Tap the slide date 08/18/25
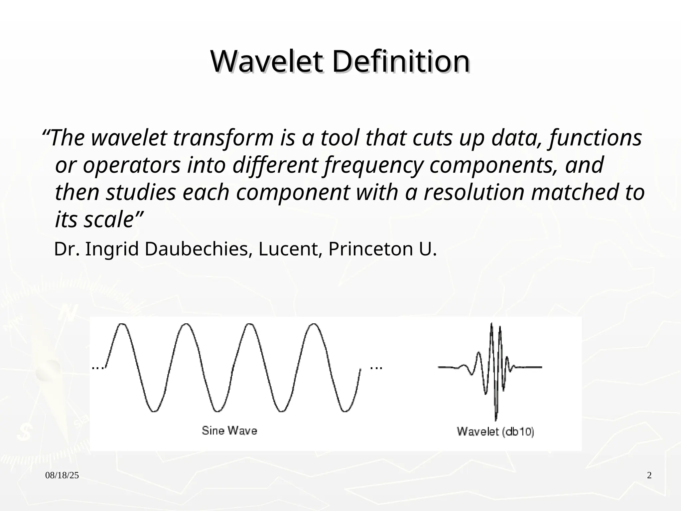point(62,475)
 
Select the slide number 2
point(649,475)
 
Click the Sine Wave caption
point(229,431)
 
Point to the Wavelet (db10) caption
point(495,432)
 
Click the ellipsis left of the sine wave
point(98,368)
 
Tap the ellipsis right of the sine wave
point(376,368)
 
